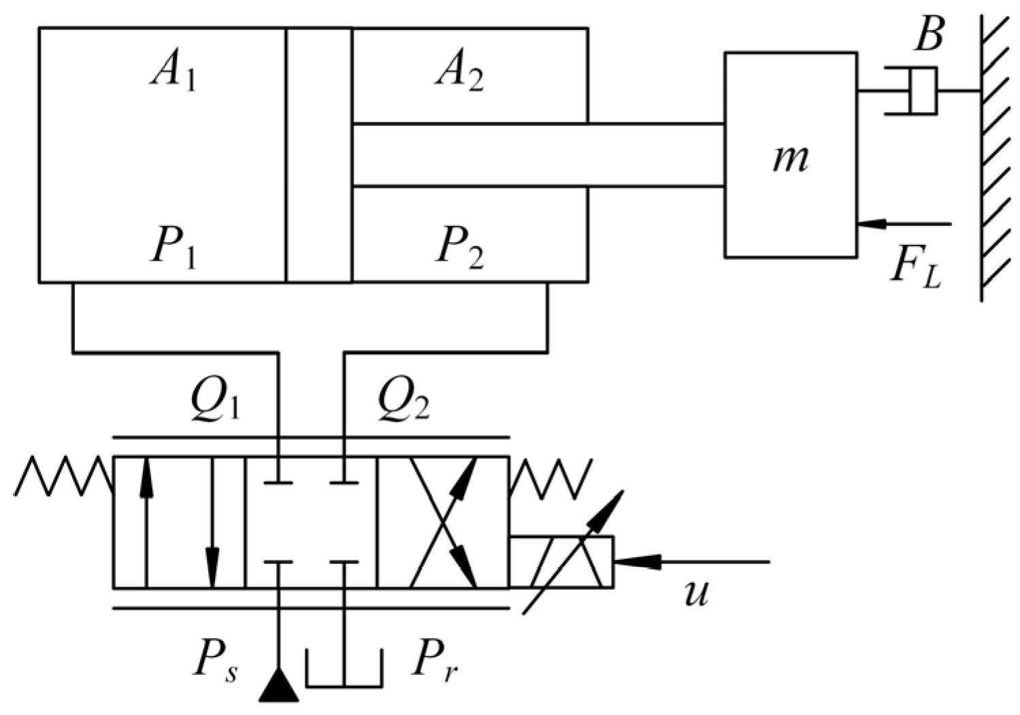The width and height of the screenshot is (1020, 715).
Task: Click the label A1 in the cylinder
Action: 174,72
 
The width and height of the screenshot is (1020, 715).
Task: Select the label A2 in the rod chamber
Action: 460,72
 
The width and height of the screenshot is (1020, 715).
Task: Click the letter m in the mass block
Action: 791,158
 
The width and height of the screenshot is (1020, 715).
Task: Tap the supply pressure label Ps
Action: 215,659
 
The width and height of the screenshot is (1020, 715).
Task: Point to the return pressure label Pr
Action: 435,659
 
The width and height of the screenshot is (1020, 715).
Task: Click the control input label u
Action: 696,591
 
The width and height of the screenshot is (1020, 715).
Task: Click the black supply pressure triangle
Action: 279,686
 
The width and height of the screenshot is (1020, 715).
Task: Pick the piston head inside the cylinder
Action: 318,155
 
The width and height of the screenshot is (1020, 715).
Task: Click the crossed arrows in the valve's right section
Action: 443,522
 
